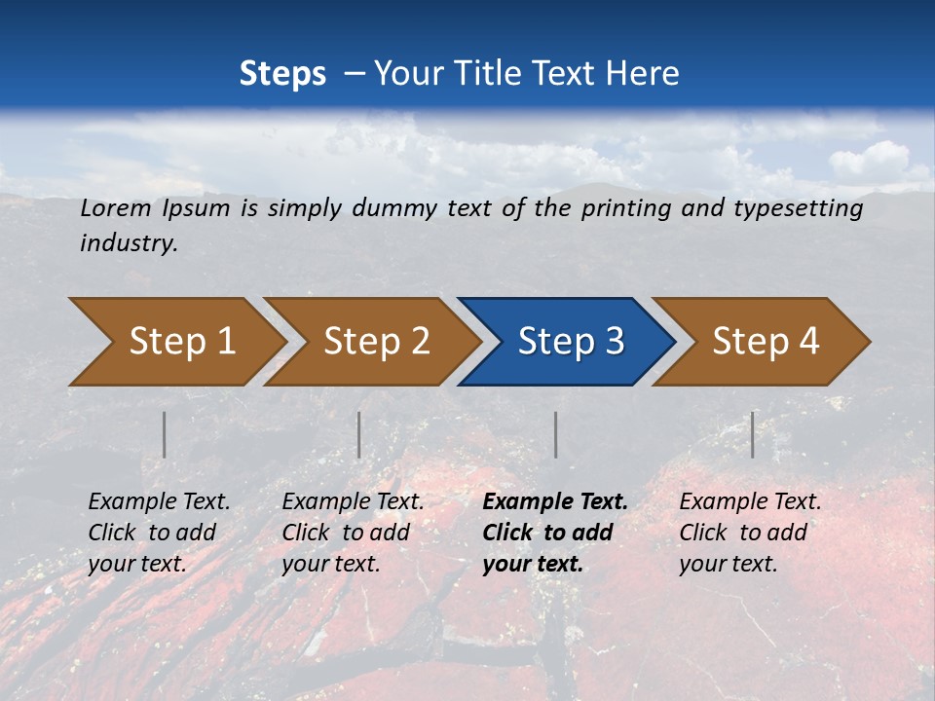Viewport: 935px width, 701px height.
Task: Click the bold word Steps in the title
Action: pyautogui.click(x=282, y=73)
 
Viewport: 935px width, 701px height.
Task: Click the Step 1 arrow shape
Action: pyautogui.click(x=175, y=342)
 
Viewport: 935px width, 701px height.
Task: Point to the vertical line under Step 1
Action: pyautogui.click(x=164, y=434)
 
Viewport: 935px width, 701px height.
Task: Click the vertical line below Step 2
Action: pyautogui.click(x=359, y=434)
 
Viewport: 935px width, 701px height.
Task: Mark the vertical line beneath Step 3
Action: pyautogui.click(x=555, y=434)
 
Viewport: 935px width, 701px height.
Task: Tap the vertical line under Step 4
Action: pyautogui.click(x=752, y=434)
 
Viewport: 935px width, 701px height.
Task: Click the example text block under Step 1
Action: pyautogui.click(x=159, y=533)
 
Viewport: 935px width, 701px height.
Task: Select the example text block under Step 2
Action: pyautogui.click(x=353, y=533)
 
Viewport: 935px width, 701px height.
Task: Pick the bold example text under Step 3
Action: pyautogui.click(x=555, y=533)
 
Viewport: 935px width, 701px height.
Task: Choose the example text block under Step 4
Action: pyautogui.click(x=750, y=533)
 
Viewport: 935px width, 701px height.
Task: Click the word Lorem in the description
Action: pyautogui.click(x=116, y=208)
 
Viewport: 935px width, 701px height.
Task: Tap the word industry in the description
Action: pyautogui.click(x=129, y=243)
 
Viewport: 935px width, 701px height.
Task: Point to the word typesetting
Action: pyautogui.click(x=805, y=208)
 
